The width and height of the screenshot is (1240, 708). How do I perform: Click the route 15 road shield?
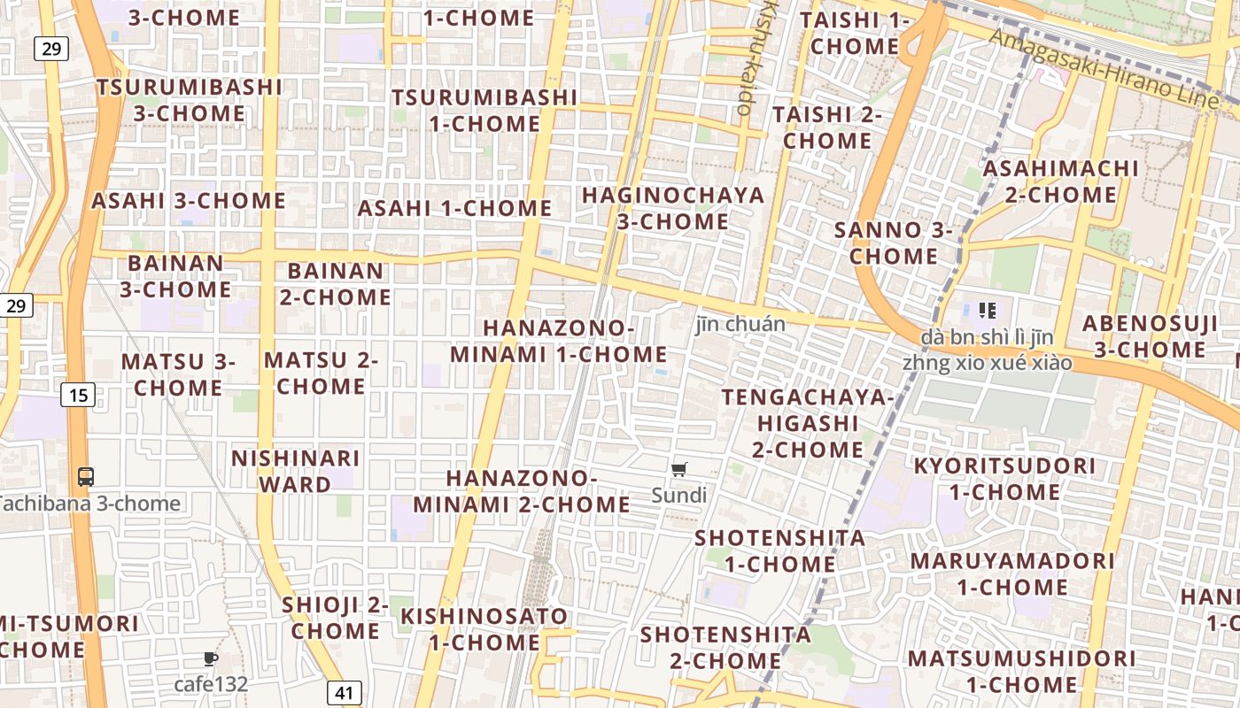(x=78, y=394)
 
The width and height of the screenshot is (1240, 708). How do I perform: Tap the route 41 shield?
(x=344, y=691)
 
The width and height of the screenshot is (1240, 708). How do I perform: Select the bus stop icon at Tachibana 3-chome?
(x=86, y=477)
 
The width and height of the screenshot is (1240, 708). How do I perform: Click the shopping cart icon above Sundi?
(x=679, y=470)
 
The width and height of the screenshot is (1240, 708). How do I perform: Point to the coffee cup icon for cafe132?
(x=210, y=658)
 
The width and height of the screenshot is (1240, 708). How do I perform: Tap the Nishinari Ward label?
(x=295, y=471)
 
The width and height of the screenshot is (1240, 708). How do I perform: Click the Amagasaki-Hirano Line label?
(x=1104, y=67)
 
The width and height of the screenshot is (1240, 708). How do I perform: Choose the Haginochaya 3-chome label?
(x=673, y=208)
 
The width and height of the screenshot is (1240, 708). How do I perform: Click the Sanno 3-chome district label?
(x=894, y=243)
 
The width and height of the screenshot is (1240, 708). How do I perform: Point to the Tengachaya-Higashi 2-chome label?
(x=807, y=423)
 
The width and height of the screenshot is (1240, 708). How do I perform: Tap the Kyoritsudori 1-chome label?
(x=1004, y=479)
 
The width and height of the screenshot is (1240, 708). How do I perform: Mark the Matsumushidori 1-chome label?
(x=1021, y=671)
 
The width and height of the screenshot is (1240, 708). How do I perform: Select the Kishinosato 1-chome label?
(x=484, y=628)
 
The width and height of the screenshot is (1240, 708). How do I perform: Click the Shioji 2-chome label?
(x=336, y=618)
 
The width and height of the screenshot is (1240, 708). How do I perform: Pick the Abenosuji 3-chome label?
(x=1150, y=336)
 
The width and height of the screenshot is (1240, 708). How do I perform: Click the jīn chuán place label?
(x=740, y=324)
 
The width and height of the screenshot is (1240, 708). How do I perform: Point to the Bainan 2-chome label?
(x=336, y=283)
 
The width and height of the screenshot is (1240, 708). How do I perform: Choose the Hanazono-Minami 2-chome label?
(x=522, y=491)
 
